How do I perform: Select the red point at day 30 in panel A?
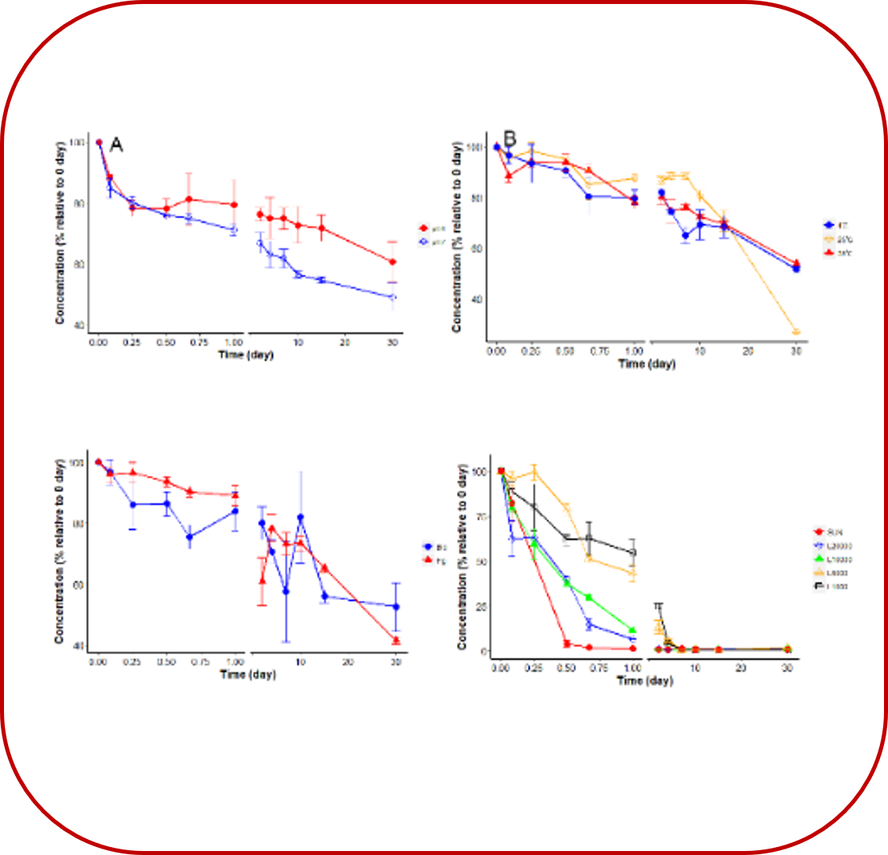(392, 262)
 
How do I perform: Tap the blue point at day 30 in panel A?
(392, 297)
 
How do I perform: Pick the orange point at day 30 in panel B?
(796, 332)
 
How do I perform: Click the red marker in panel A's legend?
(424, 228)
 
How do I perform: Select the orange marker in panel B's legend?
(829, 239)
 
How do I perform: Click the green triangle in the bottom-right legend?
(818, 559)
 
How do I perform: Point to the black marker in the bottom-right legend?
(818, 587)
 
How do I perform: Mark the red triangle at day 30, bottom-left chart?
(396, 640)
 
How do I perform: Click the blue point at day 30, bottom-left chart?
(396, 606)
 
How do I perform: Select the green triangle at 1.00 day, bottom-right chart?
(632, 630)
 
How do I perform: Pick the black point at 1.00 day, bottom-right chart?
(632, 552)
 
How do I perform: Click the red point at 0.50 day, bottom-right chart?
(566, 643)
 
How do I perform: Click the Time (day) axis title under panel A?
(246, 356)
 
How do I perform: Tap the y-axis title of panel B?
(456, 236)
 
